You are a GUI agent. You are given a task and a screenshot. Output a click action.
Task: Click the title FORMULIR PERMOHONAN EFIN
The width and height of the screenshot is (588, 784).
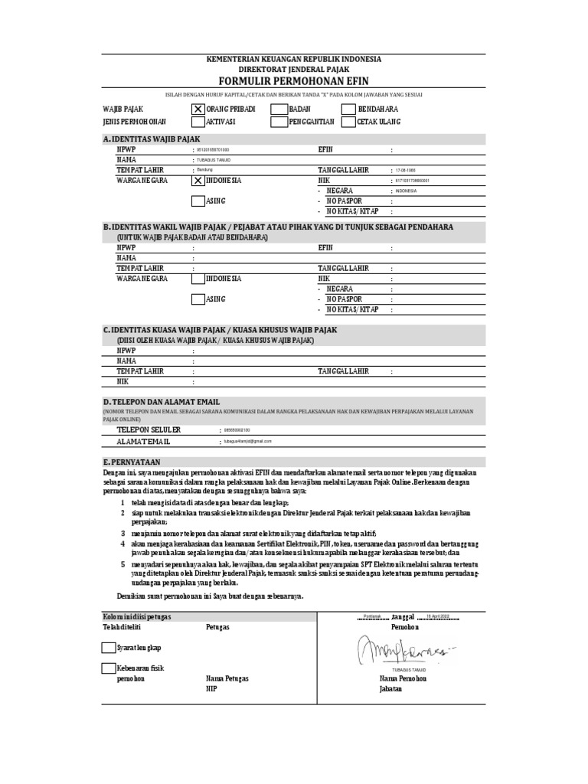click(294, 80)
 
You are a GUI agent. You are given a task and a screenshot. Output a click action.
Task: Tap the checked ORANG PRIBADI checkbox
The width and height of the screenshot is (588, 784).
click(198, 109)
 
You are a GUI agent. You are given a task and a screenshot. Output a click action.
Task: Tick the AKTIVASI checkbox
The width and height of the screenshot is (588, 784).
click(198, 122)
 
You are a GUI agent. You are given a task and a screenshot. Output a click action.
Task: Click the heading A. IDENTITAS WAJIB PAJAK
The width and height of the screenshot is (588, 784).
click(151, 139)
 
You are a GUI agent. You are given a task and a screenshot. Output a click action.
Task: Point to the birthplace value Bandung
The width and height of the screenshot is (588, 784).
click(205, 169)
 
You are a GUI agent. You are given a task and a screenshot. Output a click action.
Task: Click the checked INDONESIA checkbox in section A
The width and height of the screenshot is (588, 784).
click(198, 181)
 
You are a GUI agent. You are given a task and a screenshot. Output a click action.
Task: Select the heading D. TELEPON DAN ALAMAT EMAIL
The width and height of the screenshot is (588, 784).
click(161, 401)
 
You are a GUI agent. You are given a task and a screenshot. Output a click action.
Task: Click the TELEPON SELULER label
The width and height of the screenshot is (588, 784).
click(149, 430)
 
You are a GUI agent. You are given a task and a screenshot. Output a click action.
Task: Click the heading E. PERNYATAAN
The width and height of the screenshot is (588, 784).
click(132, 462)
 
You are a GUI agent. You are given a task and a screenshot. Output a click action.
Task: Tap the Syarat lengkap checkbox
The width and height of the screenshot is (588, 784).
click(109, 648)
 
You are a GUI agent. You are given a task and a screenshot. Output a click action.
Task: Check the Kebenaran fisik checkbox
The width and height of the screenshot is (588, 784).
click(109, 668)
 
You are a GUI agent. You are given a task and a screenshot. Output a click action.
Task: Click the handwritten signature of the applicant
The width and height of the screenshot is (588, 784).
click(401, 651)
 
